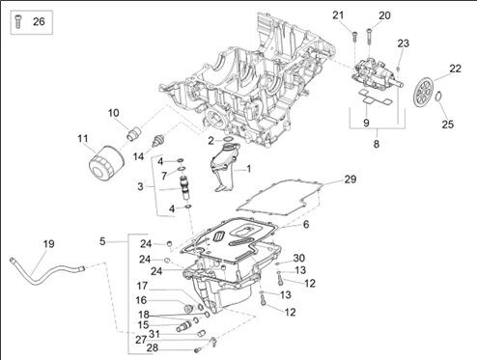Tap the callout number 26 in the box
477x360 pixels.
[x=39, y=21]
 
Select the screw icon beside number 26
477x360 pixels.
[x=18, y=21]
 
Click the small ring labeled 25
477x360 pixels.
[x=438, y=97]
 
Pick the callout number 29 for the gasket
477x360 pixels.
[x=351, y=180]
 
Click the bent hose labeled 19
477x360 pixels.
[x=45, y=273]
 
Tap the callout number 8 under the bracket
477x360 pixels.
[x=377, y=144]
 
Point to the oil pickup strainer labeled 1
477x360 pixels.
[x=224, y=167]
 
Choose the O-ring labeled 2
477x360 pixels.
[x=228, y=139]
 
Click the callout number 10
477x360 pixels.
[x=113, y=113]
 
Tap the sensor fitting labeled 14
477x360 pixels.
[x=158, y=141]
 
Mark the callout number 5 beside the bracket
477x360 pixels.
[x=102, y=241]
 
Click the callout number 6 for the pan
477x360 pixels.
[x=306, y=224]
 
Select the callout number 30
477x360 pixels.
[x=298, y=258]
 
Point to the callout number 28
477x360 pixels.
[x=153, y=347]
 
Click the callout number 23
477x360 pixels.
[x=403, y=43]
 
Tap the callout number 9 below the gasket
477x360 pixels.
[x=366, y=123]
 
